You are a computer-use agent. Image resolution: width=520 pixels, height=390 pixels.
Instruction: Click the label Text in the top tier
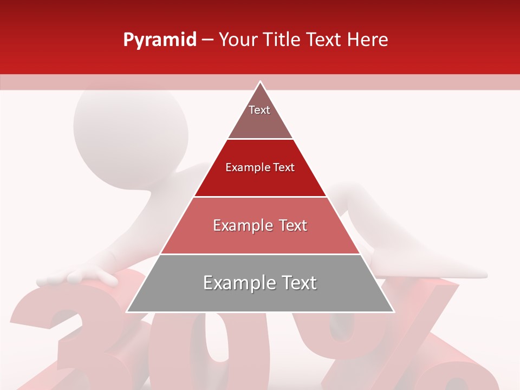click(259, 110)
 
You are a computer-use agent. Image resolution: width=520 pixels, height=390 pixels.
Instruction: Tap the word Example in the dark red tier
click(243, 167)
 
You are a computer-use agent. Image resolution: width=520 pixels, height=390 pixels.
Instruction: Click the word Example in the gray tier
click(233, 283)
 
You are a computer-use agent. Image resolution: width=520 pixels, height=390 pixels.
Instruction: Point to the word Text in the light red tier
click(290, 225)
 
